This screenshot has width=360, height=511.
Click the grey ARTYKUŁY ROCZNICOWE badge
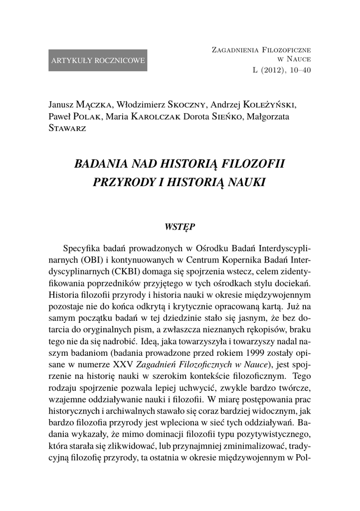pos(98,60)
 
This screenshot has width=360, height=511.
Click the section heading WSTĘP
pos(180,227)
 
